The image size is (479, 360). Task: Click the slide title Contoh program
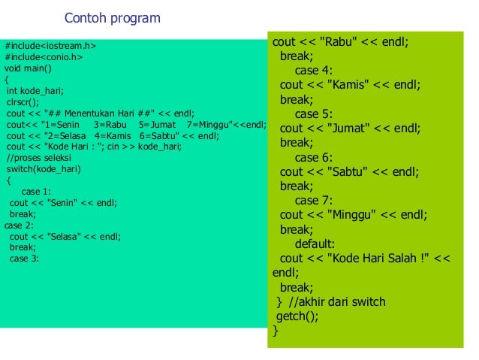tap(112, 18)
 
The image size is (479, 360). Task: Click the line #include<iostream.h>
tap(50, 46)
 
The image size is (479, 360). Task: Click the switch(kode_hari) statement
tap(44, 169)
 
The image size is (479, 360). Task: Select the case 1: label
tap(36, 192)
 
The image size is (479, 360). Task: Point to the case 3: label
tap(24, 259)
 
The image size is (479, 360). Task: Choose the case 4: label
tap(313, 71)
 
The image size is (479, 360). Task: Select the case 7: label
tap(313, 200)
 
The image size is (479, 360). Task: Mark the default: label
tap(315, 244)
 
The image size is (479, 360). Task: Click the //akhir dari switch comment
tap(337, 301)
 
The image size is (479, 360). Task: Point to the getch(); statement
tap(297, 316)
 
